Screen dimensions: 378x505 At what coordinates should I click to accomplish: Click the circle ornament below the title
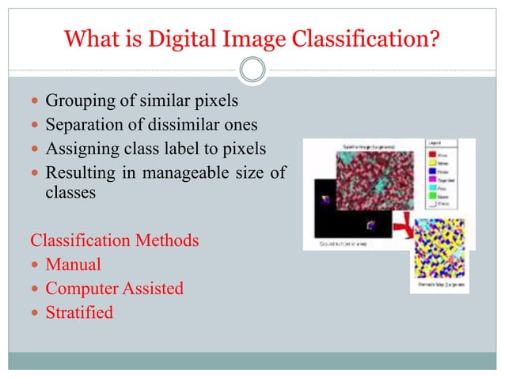tap(252, 70)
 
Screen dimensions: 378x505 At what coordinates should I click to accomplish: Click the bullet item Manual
tap(73, 264)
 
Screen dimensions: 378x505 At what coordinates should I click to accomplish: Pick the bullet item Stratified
tap(79, 312)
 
